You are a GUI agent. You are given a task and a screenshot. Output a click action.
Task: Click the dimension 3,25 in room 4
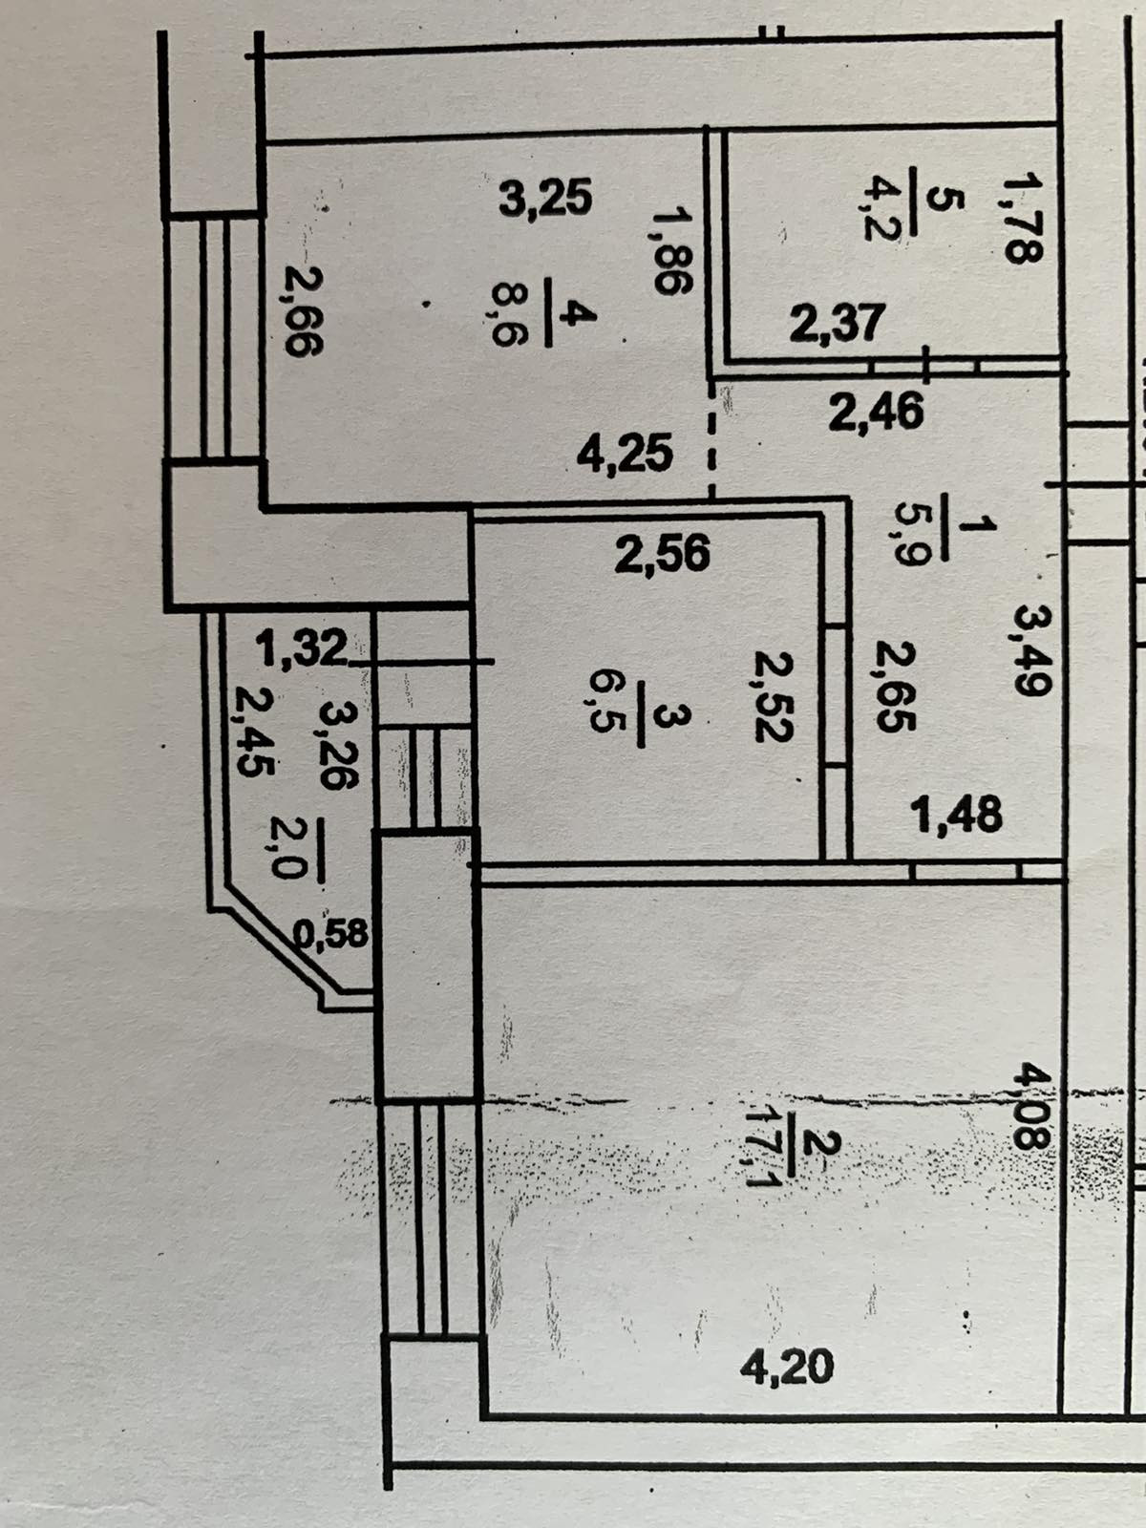546,199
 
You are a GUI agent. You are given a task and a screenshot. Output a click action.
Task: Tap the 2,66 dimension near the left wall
304,310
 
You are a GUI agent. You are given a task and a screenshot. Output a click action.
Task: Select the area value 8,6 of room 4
508,312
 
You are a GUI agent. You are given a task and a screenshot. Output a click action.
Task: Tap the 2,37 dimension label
837,323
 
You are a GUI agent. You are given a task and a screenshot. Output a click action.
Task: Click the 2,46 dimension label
876,413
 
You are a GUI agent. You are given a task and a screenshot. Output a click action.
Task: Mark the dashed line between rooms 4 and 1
711,440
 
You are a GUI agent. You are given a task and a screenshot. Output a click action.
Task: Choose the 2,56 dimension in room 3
662,554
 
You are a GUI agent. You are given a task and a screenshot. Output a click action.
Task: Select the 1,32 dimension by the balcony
300,649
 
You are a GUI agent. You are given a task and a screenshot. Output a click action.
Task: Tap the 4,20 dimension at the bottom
787,1367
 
